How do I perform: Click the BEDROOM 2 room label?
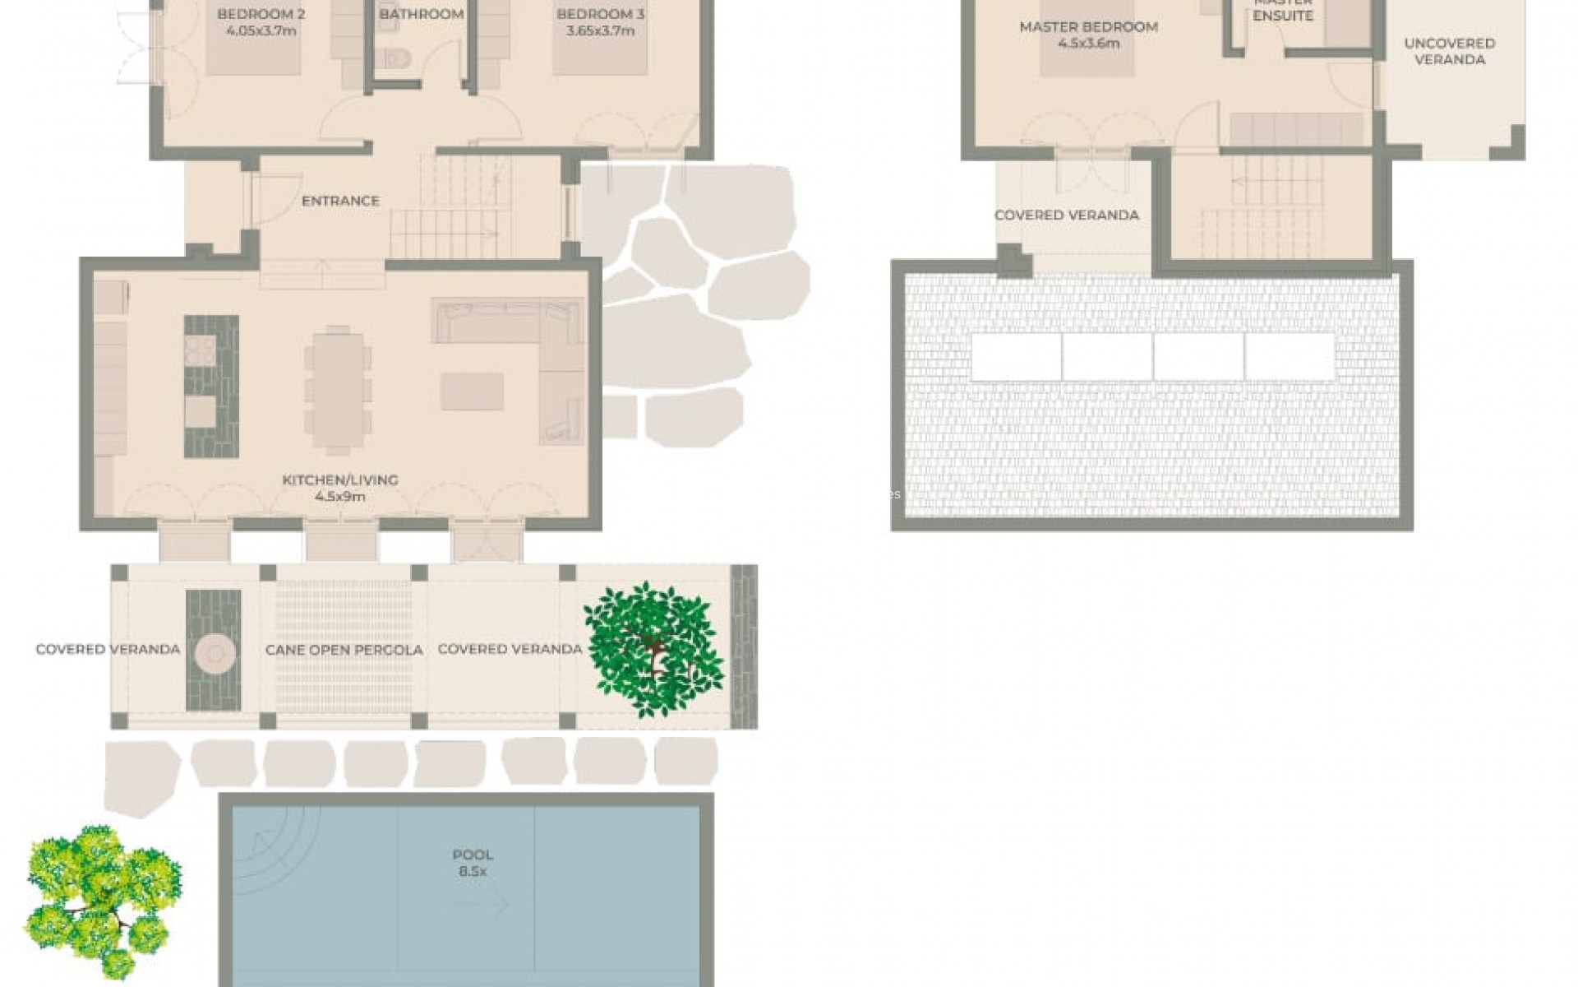coord(261,14)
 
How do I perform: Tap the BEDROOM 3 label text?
coord(600,14)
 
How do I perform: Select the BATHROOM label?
coord(422,14)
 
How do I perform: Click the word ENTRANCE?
coord(340,201)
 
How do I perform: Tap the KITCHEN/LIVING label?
coord(340,480)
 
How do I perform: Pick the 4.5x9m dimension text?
coord(340,497)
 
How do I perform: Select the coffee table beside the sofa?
coord(472,392)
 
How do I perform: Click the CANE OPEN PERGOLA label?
coord(344,650)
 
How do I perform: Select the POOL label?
coord(473,855)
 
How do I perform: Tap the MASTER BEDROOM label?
coord(1088,27)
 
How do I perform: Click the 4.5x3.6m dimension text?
coord(1088,44)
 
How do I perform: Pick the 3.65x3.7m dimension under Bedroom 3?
coord(600,31)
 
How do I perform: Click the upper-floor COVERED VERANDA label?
coord(1066,215)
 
